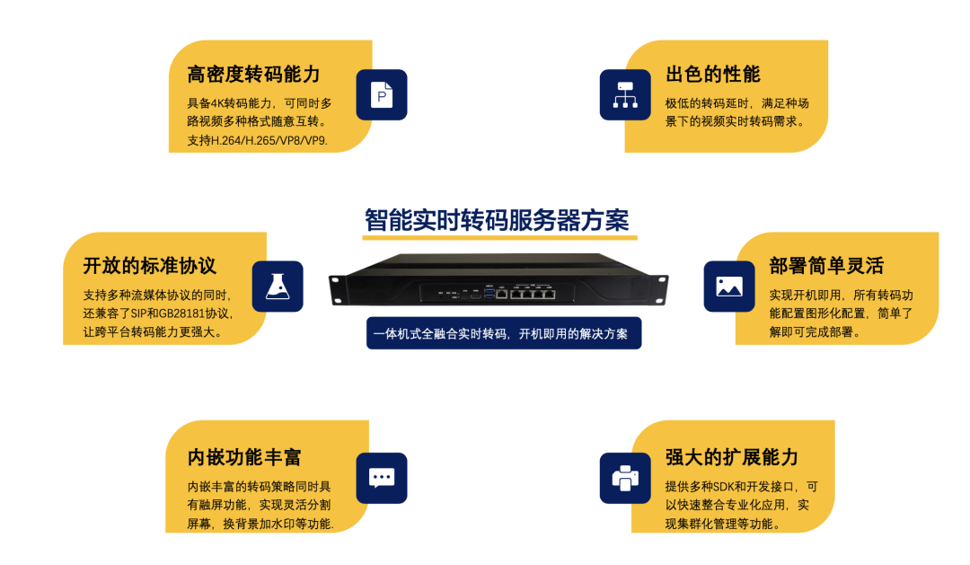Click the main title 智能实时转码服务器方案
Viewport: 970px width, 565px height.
497,219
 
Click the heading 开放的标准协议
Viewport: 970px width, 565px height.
149,267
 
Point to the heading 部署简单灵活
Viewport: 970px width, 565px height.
826,267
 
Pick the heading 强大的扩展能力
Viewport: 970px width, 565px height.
731,457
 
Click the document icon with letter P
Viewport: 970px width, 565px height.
382,94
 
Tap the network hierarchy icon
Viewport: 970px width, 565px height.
624,94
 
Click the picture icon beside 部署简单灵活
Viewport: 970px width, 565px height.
728,287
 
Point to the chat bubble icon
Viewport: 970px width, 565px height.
382,478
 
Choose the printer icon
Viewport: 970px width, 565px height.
624,478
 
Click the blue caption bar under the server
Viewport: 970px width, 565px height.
503,333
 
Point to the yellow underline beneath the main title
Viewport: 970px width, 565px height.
499,238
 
